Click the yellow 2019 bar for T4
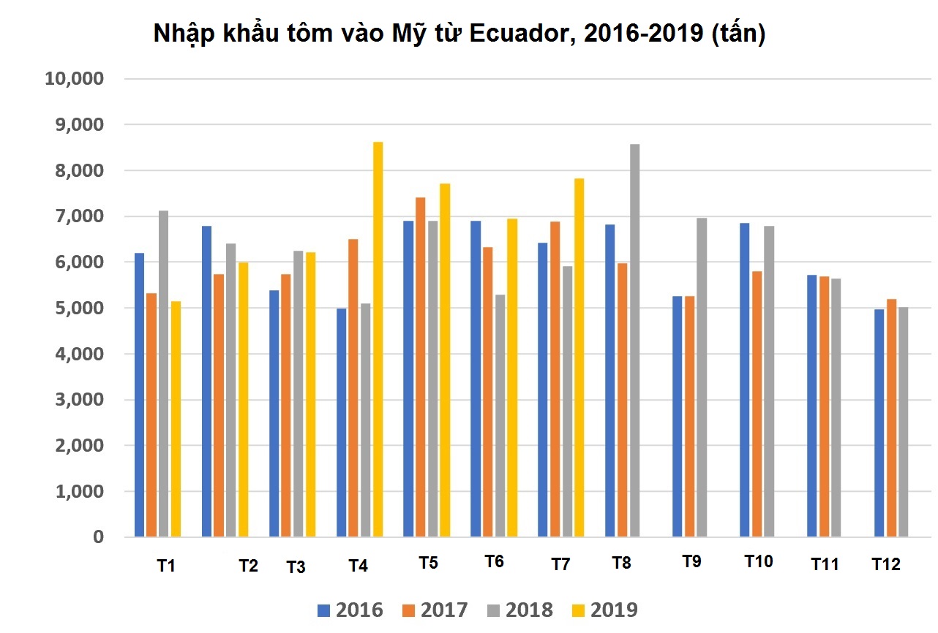(x=378, y=340)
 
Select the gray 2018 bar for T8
(x=634, y=341)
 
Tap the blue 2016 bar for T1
(x=139, y=395)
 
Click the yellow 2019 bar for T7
(x=579, y=357)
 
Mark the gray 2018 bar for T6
(x=500, y=416)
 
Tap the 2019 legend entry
(x=604, y=610)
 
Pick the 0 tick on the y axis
(x=98, y=537)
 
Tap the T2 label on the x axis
(x=248, y=566)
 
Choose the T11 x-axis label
(x=825, y=564)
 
